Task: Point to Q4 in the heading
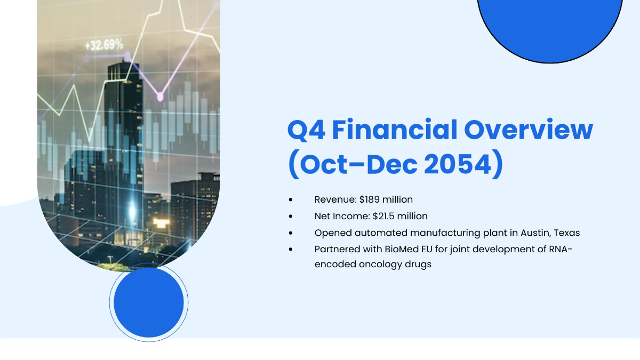pos(306,131)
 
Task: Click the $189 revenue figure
pos(371,199)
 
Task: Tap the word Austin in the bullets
pos(534,233)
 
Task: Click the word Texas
pos(567,233)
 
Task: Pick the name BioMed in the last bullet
pos(399,249)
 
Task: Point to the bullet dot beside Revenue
pos(291,200)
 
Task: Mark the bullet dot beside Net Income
pos(291,217)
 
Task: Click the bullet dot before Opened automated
pos(291,233)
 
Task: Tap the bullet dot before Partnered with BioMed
pos(291,249)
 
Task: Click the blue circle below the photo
pos(149,302)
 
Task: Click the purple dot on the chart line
pos(159,97)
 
